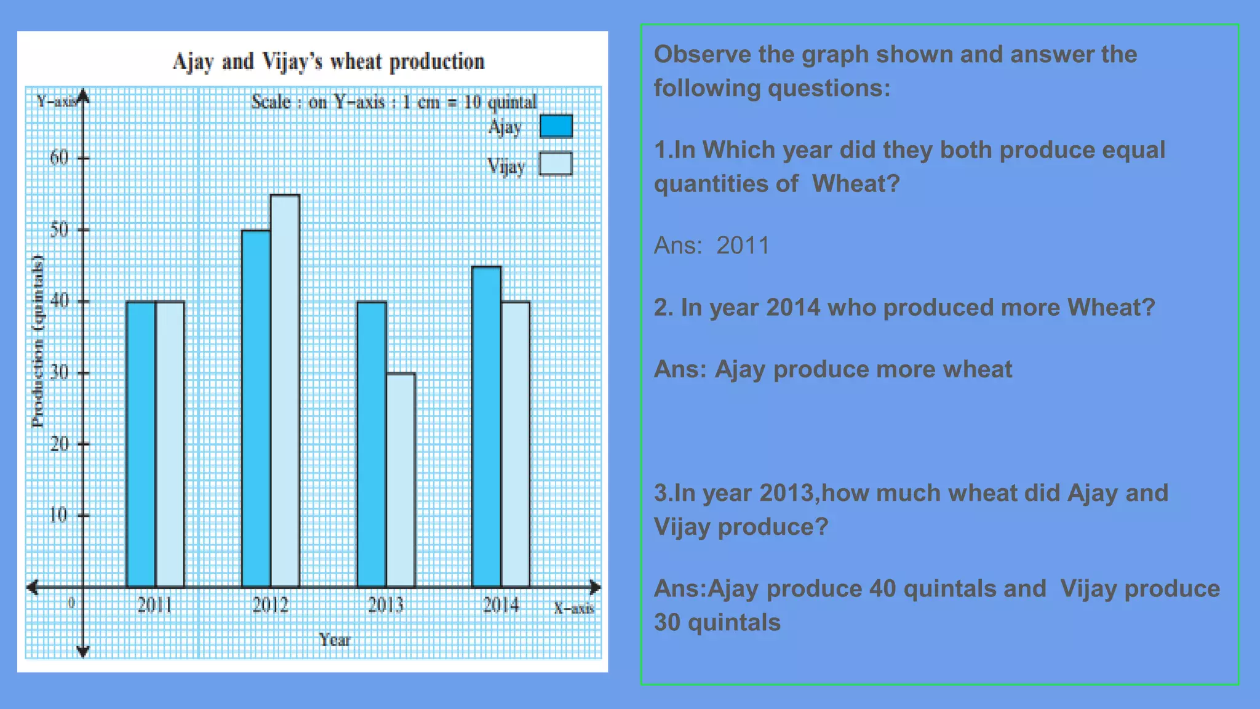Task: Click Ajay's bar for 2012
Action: [256, 409]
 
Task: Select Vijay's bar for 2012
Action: [285, 391]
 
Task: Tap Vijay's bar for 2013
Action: [401, 480]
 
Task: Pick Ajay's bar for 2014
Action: [487, 427]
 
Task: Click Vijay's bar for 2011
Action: [170, 444]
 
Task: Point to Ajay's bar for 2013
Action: [372, 444]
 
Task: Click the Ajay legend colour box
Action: [556, 126]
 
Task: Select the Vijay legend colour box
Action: [556, 164]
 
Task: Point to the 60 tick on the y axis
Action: [59, 158]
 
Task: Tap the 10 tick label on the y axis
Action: [58, 515]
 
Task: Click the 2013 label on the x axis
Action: [386, 606]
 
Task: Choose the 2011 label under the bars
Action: [154, 606]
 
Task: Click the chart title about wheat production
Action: [329, 62]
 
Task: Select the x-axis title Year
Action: [334, 640]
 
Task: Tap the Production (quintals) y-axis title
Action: [38, 342]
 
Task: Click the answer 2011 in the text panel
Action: [743, 246]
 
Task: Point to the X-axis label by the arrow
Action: [573, 609]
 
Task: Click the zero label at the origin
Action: [71, 603]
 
